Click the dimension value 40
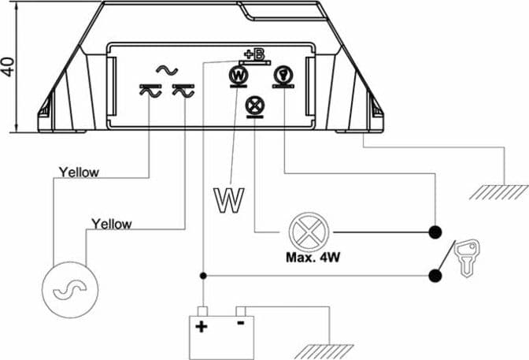click(x=8, y=67)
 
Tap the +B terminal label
click(x=254, y=54)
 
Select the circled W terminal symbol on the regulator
click(x=239, y=76)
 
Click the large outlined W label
click(x=229, y=200)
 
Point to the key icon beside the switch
click(x=467, y=258)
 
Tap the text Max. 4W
click(x=313, y=258)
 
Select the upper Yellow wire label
click(x=79, y=173)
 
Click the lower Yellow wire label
click(x=112, y=225)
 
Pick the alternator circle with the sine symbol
click(x=70, y=290)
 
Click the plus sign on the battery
click(x=202, y=327)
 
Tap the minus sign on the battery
click(x=241, y=323)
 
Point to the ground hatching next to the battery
click(x=324, y=351)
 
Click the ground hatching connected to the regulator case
click(x=499, y=192)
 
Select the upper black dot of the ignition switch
click(x=435, y=232)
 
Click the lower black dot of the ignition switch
click(x=435, y=276)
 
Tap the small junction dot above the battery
click(x=203, y=276)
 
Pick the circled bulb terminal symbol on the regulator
click(x=283, y=75)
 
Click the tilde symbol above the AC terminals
click(x=167, y=70)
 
